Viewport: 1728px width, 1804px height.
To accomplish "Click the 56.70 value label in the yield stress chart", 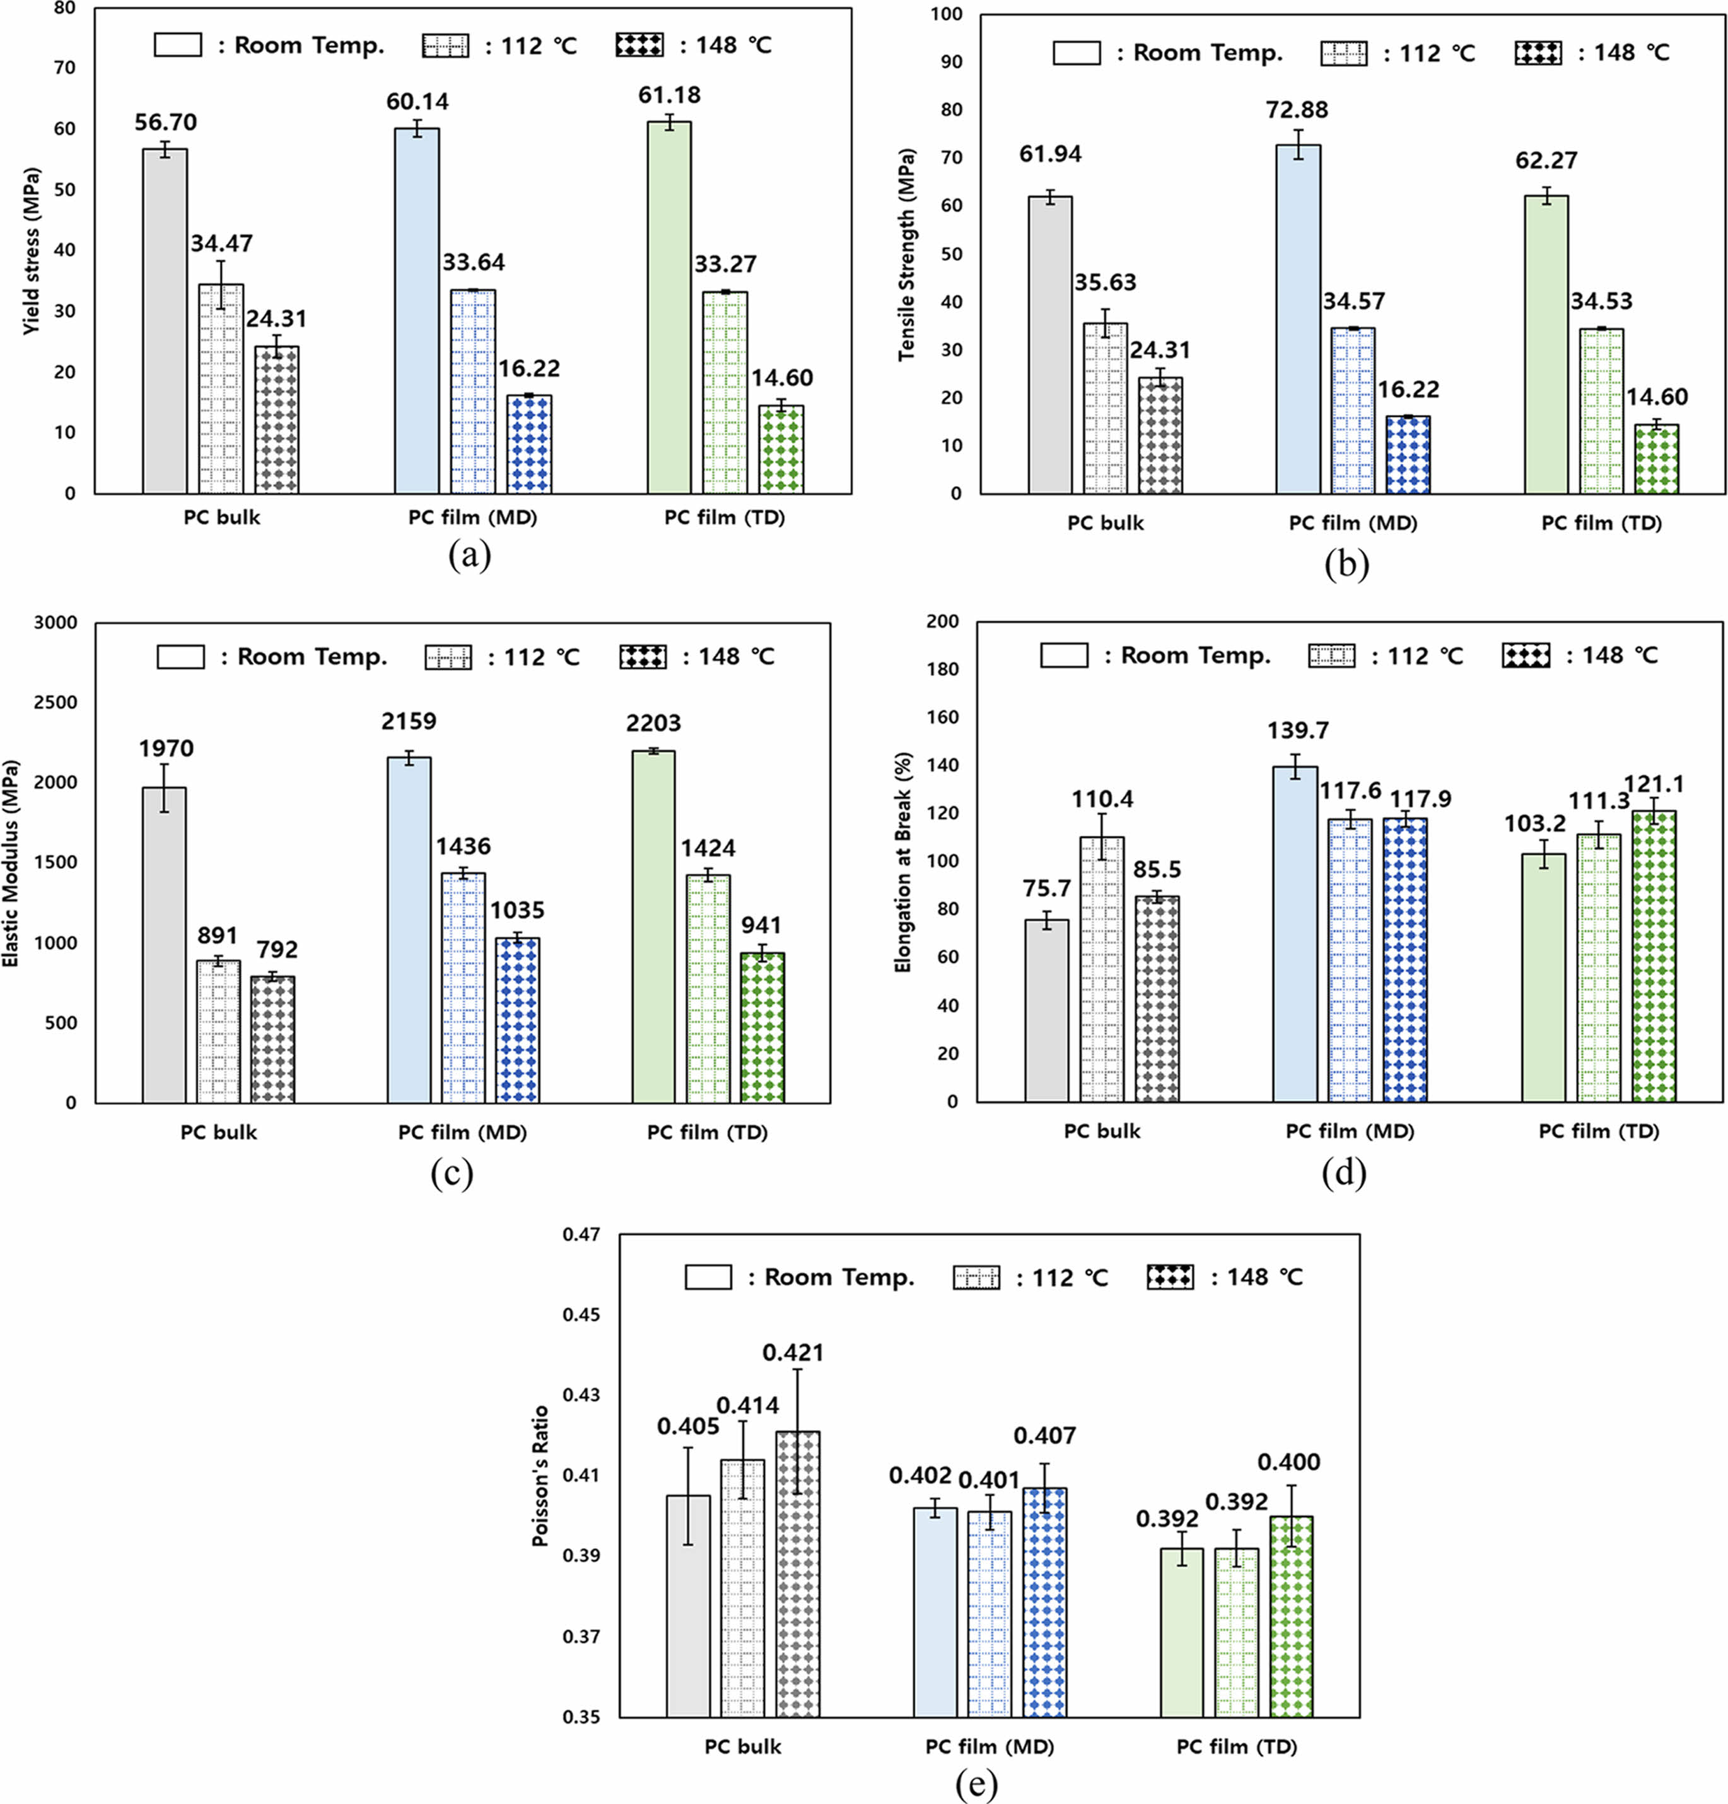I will pos(166,122).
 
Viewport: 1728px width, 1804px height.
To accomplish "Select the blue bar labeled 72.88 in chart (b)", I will pos(1298,318).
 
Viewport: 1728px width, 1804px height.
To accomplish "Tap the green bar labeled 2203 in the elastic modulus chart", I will pos(653,926).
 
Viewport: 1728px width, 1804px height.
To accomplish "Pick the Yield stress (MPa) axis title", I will pos(32,250).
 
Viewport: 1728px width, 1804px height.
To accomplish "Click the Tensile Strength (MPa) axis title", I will pos(907,254).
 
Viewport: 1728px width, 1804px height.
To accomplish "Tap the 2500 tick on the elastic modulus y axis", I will pos(59,703).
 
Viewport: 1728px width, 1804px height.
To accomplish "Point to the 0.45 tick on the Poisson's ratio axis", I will pos(582,1314).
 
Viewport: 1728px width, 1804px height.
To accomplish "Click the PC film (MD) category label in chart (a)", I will pos(472,517).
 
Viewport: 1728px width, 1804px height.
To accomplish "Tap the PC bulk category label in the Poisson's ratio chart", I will pos(743,1746).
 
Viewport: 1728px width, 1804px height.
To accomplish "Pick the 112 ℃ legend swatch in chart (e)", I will pos(976,1277).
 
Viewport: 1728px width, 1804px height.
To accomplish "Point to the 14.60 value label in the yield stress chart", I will pos(781,378).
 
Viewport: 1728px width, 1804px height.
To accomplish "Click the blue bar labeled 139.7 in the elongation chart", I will pos(1295,934).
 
